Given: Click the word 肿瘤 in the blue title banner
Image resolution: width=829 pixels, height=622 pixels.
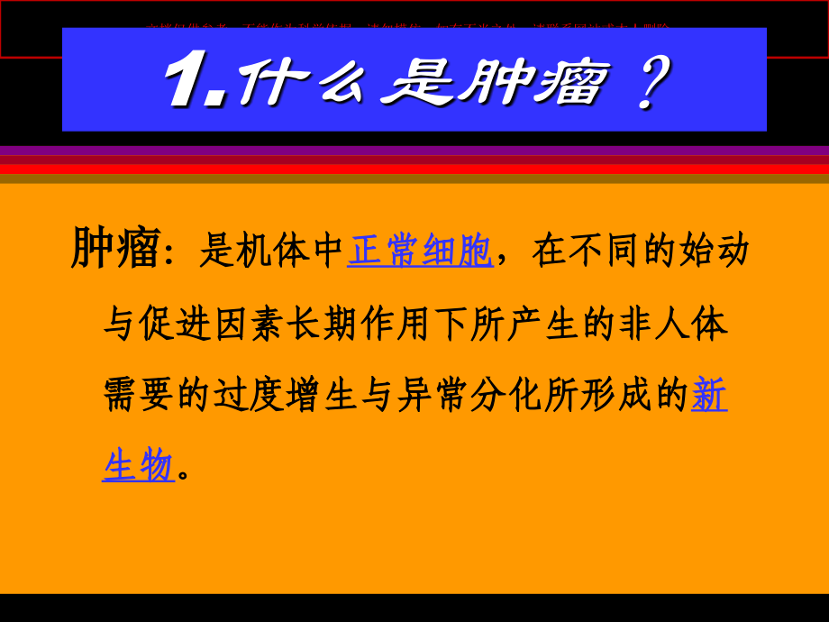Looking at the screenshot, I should [x=530, y=83].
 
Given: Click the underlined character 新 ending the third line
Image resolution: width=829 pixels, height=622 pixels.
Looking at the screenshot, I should [x=709, y=395].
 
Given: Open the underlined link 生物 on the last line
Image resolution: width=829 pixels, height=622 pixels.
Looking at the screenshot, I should [x=138, y=466].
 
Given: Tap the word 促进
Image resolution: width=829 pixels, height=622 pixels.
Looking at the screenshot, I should [x=176, y=324].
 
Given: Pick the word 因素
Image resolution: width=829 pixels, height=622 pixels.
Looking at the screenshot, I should [x=250, y=324].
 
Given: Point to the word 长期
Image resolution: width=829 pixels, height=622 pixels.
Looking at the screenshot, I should [x=323, y=324].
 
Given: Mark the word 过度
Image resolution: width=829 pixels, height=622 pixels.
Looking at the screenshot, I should [x=250, y=396].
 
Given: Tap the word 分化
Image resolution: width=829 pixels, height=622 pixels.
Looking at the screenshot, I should [x=507, y=396].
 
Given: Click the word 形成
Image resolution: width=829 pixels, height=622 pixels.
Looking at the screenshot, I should [x=617, y=396].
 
